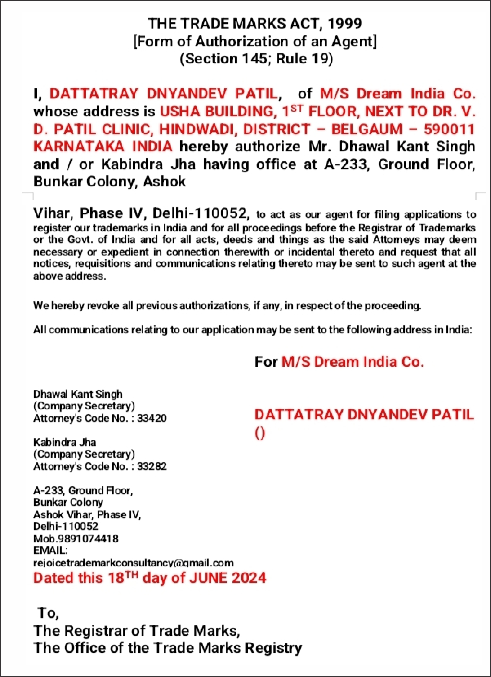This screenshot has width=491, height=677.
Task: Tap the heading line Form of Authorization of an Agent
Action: click(255, 41)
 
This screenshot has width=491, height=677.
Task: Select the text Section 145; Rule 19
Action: click(256, 58)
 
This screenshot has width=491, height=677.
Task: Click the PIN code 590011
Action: click(449, 129)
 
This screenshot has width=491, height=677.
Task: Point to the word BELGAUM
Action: click(367, 129)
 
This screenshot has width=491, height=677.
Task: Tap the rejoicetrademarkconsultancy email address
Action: click(133, 563)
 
